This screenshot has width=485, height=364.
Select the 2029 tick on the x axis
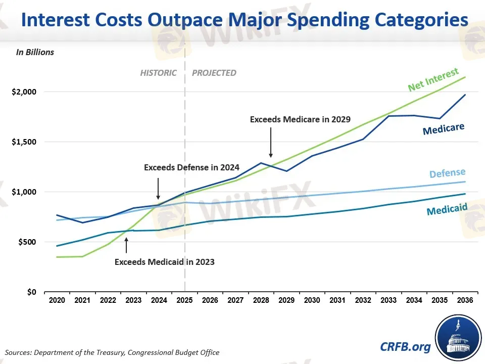pyautogui.click(x=286, y=300)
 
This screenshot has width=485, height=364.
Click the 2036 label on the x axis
pyautogui.click(x=465, y=300)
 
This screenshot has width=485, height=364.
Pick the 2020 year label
pyautogui.click(x=57, y=300)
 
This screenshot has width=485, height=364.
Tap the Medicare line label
pyautogui.click(x=443, y=129)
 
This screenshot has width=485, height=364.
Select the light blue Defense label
pyautogui.click(x=447, y=174)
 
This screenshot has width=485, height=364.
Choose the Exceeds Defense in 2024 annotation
pyautogui.click(x=191, y=167)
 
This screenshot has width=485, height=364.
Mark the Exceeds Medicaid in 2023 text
pyautogui.click(x=165, y=262)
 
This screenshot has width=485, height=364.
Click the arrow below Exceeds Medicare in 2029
pyautogui.click(x=271, y=143)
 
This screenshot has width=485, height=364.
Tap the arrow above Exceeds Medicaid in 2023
pyautogui.click(x=126, y=245)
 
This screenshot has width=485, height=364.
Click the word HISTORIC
pyautogui.click(x=158, y=73)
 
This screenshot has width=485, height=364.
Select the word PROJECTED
pyautogui.click(x=214, y=73)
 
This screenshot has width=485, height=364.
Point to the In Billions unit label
pyautogui.click(x=35, y=52)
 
